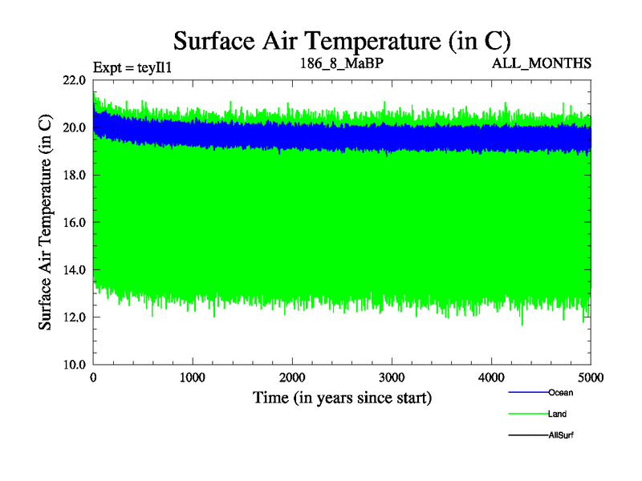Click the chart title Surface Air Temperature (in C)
[x=342, y=41]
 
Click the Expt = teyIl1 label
[x=132, y=67]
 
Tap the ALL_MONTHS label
[x=542, y=63]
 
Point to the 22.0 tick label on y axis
[x=74, y=81]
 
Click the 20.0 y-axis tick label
[x=74, y=128]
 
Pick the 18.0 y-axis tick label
[x=74, y=176]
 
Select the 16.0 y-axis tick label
[x=74, y=223]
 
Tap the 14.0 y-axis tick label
[x=74, y=270]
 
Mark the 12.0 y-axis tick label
[x=74, y=317]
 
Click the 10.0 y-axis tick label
[x=74, y=365]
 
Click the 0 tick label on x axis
[x=94, y=378]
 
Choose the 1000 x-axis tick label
[x=193, y=378]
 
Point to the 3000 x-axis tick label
[x=392, y=378]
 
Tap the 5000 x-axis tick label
[x=591, y=378]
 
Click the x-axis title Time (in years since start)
[x=343, y=397]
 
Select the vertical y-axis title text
[x=47, y=223]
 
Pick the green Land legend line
[x=528, y=414]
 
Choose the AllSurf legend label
[x=561, y=435]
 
